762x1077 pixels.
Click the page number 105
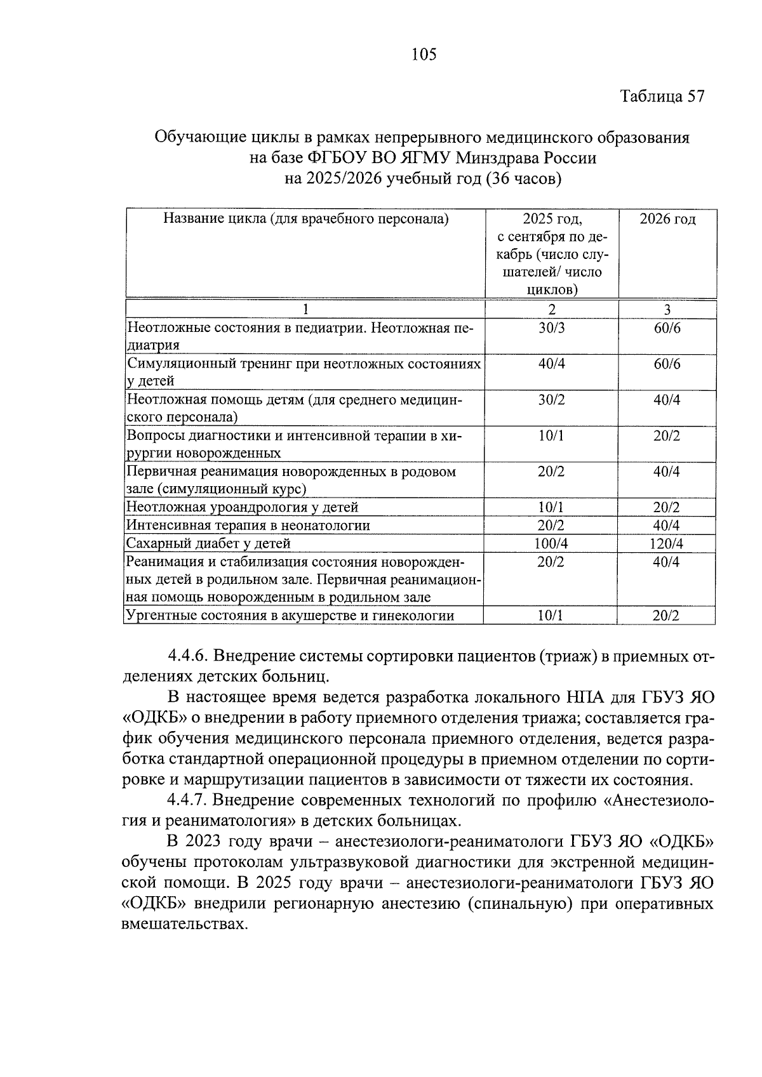pos(424,55)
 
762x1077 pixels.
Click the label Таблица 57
pos(662,96)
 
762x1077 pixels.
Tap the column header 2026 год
pos(667,220)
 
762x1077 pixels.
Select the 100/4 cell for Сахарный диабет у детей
pos(551,544)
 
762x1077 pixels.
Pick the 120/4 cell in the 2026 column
pos(667,544)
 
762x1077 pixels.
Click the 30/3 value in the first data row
pos(551,328)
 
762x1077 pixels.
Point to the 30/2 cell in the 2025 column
pos(551,400)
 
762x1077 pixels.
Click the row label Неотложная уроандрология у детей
pos(243,507)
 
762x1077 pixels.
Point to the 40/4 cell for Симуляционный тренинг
pos(551,364)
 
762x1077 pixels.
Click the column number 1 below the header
pos(305,310)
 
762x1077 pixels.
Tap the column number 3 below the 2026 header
pos(667,310)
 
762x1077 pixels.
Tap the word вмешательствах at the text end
pos(183,924)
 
